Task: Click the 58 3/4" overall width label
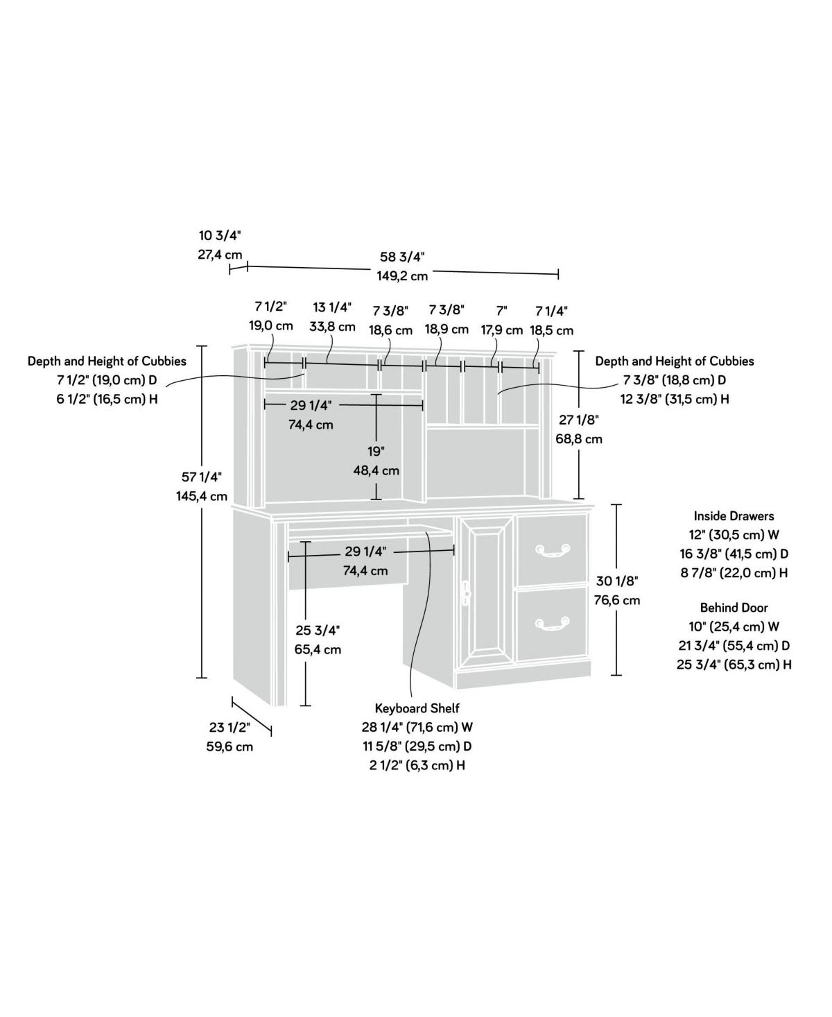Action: [x=403, y=257]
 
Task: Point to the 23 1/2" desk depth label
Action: [x=229, y=728]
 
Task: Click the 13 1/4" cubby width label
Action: [x=332, y=307]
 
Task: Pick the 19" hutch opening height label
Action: [x=376, y=451]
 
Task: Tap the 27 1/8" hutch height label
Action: [x=578, y=420]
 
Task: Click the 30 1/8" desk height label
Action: [x=616, y=581]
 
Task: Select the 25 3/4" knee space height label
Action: [x=318, y=631]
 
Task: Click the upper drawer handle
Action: [x=552, y=551]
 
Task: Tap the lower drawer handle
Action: [x=552, y=624]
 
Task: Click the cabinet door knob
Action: [x=466, y=592]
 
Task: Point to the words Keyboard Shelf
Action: [x=417, y=708]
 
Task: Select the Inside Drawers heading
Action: [x=734, y=516]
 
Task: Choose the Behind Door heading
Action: [x=734, y=608]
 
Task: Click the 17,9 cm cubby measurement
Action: [x=502, y=330]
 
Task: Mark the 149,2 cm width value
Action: [x=403, y=276]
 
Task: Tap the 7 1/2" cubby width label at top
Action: [x=270, y=307]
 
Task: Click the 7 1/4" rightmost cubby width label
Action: [x=551, y=311]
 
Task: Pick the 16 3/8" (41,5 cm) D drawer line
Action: [x=734, y=554]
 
